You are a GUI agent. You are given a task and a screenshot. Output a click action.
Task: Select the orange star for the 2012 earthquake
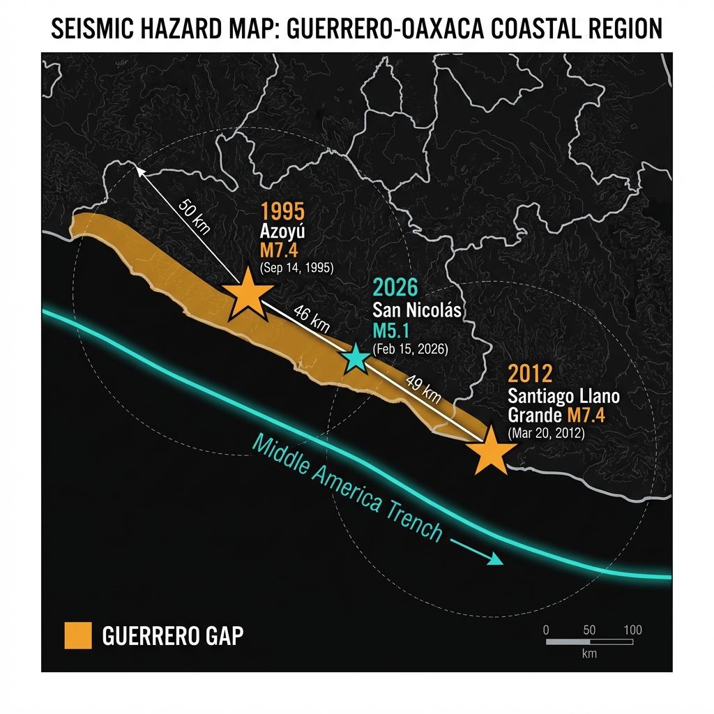point(493,451)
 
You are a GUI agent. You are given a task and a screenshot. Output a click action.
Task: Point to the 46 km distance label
point(311,318)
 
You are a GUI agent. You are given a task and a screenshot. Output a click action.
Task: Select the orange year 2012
point(531,374)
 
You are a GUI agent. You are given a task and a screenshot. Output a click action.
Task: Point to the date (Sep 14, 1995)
point(296,268)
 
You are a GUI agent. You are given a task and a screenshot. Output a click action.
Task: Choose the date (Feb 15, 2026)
point(411,348)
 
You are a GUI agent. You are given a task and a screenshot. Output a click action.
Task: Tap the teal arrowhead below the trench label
point(496,560)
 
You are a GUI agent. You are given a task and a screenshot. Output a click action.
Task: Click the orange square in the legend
point(78,635)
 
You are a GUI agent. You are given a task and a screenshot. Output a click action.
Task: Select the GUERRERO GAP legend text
point(172,635)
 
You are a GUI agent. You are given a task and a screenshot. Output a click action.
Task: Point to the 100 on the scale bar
point(632,630)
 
